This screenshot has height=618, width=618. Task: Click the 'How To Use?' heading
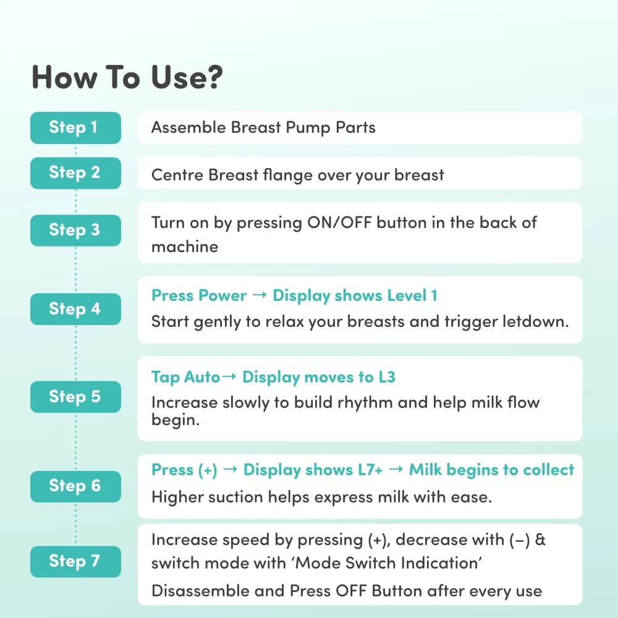click(127, 77)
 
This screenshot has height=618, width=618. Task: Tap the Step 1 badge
click(75, 128)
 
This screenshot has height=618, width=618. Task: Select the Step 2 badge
click(75, 173)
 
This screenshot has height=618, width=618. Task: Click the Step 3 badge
click(75, 231)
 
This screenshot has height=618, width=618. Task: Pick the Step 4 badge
click(75, 309)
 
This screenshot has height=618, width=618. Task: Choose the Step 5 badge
click(75, 397)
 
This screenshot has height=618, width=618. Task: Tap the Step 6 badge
click(75, 486)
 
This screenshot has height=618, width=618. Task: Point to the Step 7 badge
click(75, 562)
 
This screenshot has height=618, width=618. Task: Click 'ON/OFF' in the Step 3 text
click(339, 222)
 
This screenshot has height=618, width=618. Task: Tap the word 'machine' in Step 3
click(185, 247)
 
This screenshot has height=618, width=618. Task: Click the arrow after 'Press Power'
click(260, 295)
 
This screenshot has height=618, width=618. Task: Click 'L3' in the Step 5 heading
click(387, 377)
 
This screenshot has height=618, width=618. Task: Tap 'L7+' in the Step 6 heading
click(370, 470)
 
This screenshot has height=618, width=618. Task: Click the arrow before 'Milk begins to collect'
click(396, 469)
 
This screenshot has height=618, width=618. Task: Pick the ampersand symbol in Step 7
click(540, 540)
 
